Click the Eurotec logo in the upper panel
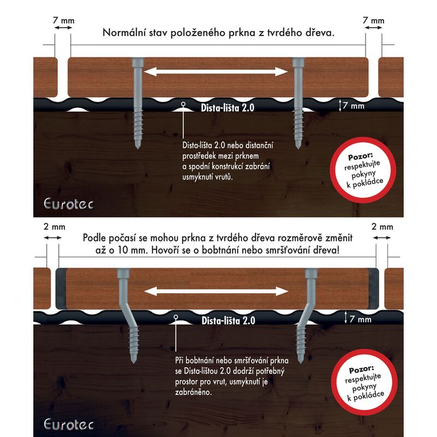coord(69,204)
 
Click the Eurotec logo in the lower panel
coord(69,424)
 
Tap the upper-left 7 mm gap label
coord(63,21)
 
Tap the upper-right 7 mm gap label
coord(374,20)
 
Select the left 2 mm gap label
coord(54,227)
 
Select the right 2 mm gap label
coord(382,227)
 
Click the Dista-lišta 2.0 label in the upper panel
coord(227,108)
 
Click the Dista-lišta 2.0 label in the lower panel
coord(228,321)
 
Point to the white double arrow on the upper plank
coord(216,72)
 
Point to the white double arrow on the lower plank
coord(216,292)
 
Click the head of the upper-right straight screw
coord(298,62)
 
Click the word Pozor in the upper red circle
coord(361,156)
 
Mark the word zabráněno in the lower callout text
coord(193,392)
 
